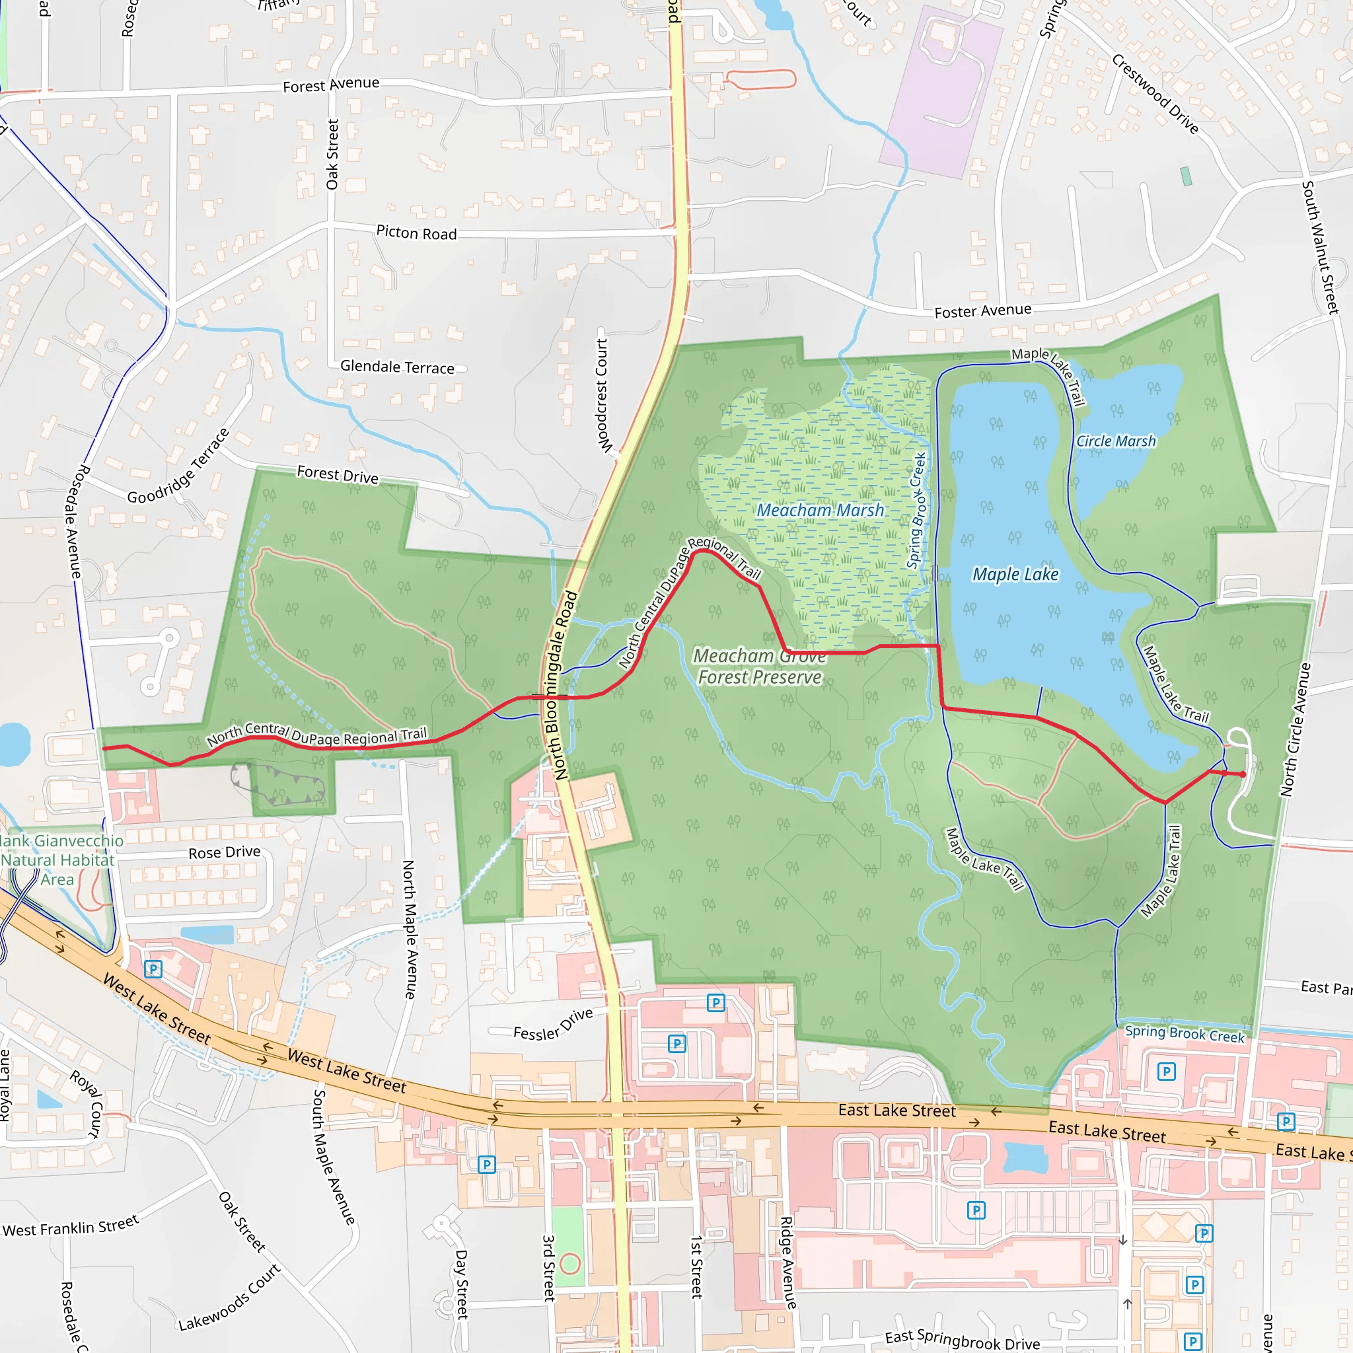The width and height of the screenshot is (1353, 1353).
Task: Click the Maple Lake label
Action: coord(1015,575)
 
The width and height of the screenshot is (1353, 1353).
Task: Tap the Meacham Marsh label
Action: coord(820,511)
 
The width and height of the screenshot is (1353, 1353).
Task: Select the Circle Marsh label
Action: coord(1116,441)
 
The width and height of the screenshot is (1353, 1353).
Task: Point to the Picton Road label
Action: coord(416,233)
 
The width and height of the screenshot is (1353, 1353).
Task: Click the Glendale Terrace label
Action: coord(397,367)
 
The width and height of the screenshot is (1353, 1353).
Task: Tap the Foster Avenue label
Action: coord(982,311)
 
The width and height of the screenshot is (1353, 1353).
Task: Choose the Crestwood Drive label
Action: coord(1155,94)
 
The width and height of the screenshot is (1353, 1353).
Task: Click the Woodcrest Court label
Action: coord(603,395)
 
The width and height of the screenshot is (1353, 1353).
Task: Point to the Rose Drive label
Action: coord(224,852)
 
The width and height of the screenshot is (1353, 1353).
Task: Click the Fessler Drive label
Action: coord(552,1025)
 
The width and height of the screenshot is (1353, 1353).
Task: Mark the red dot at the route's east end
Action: coord(1243,774)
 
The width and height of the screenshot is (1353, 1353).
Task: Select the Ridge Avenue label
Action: coord(789,1262)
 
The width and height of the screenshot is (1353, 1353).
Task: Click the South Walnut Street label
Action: coord(1320,246)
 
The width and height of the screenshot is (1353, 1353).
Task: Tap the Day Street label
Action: coord(462,1284)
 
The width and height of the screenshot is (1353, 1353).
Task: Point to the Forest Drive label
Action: coord(338,475)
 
